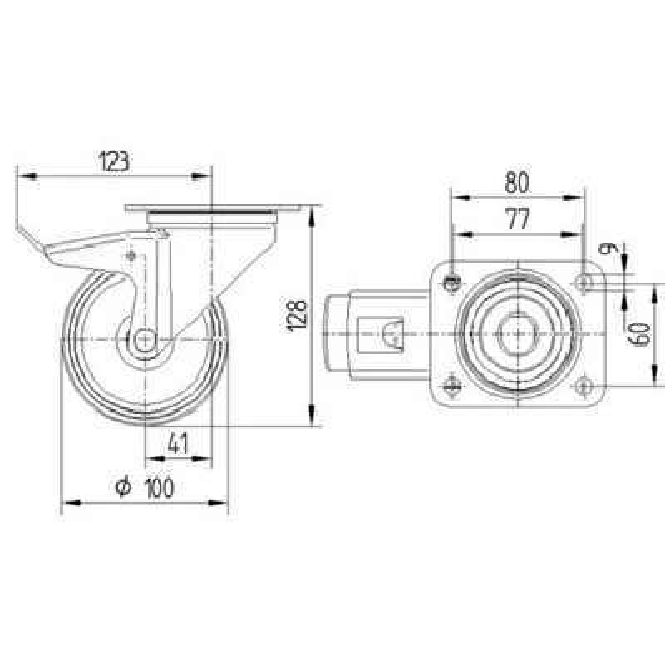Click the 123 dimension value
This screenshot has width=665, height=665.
click(x=113, y=161)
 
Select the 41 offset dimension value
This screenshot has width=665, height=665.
click(x=178, y=444)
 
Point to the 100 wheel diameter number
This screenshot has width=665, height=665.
click(x=160, y=488)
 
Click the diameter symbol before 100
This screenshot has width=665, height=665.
click(x=123, y=487)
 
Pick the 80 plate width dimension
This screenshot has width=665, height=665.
click(x=517, y=183)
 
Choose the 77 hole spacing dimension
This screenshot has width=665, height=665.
click(x=518, y=219)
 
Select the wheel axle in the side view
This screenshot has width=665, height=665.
click(x=145, y=339)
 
